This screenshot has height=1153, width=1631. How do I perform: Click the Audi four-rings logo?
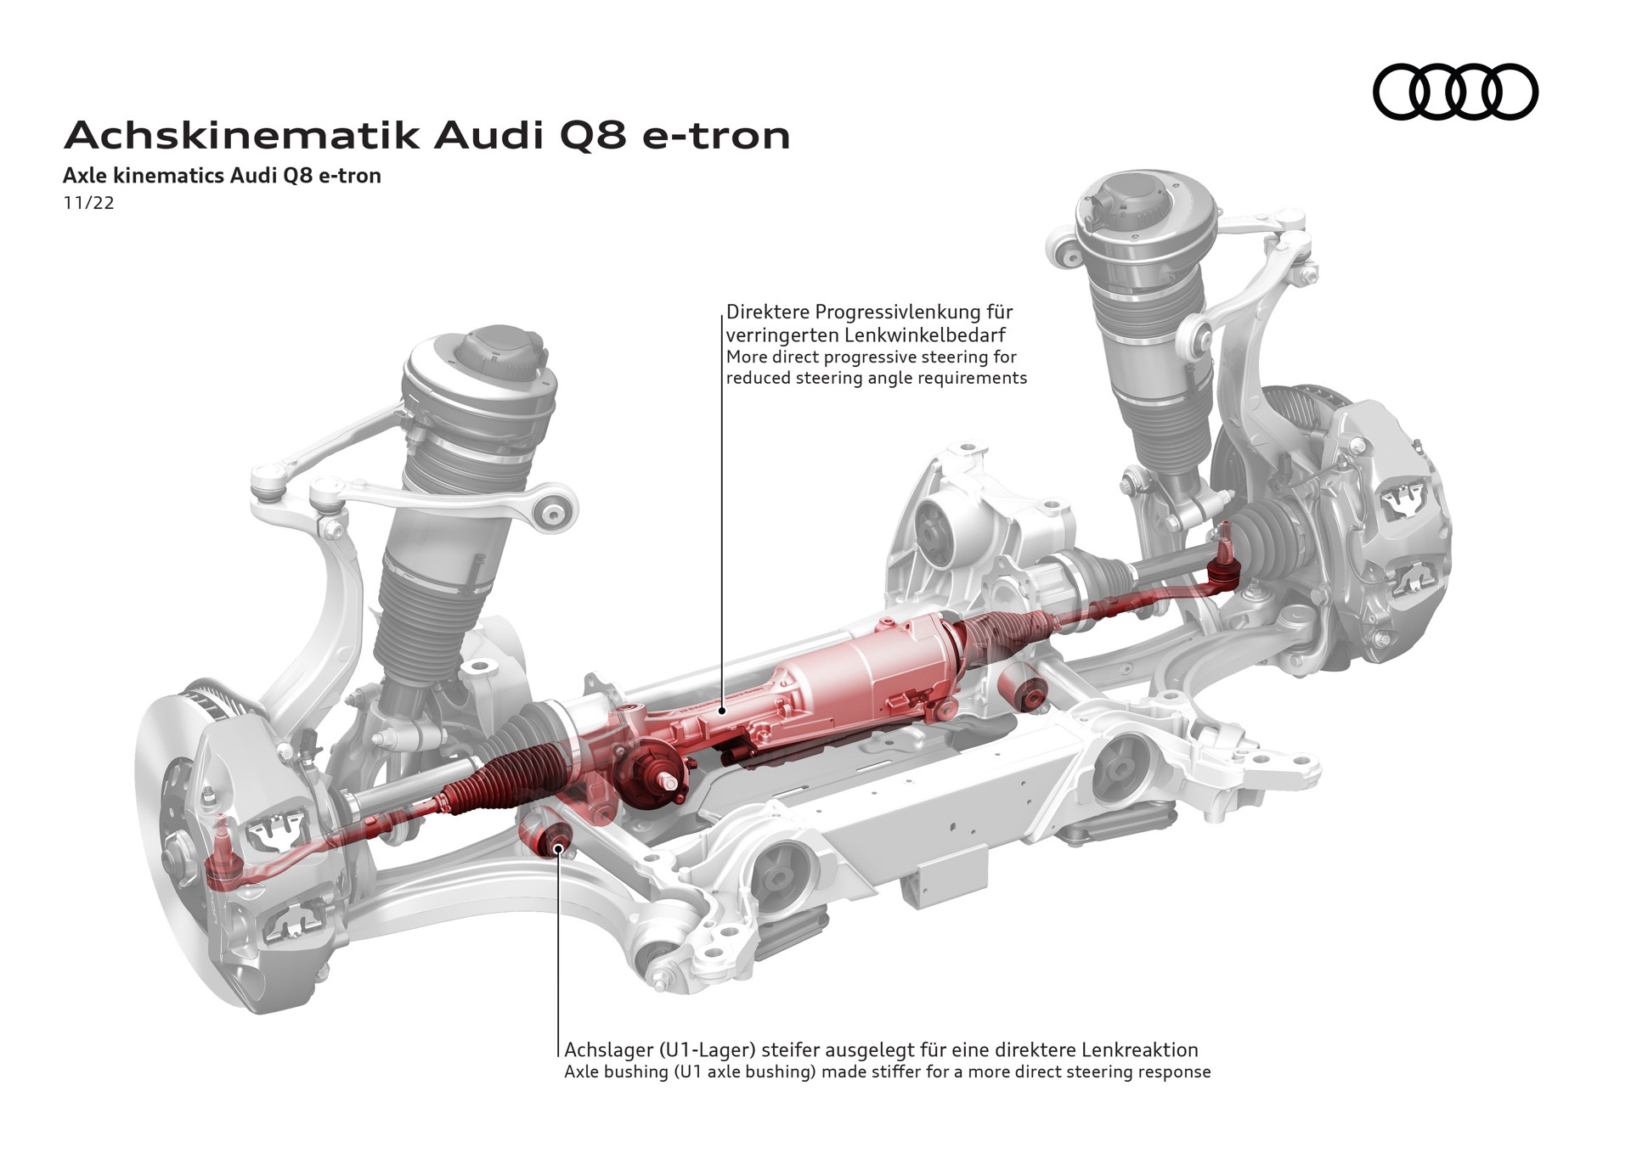pos(1455,91)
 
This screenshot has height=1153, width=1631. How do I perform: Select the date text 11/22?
pos(88,203)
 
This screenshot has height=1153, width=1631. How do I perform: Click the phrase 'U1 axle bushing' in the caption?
pos(747,1072)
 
